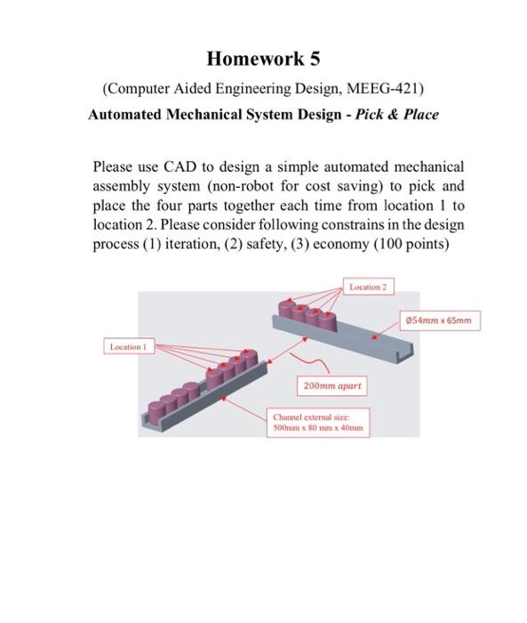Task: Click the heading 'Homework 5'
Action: pyautogui.click(x=263, y=60)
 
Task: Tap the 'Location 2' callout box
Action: pyautogui.click(x=368, y=287)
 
